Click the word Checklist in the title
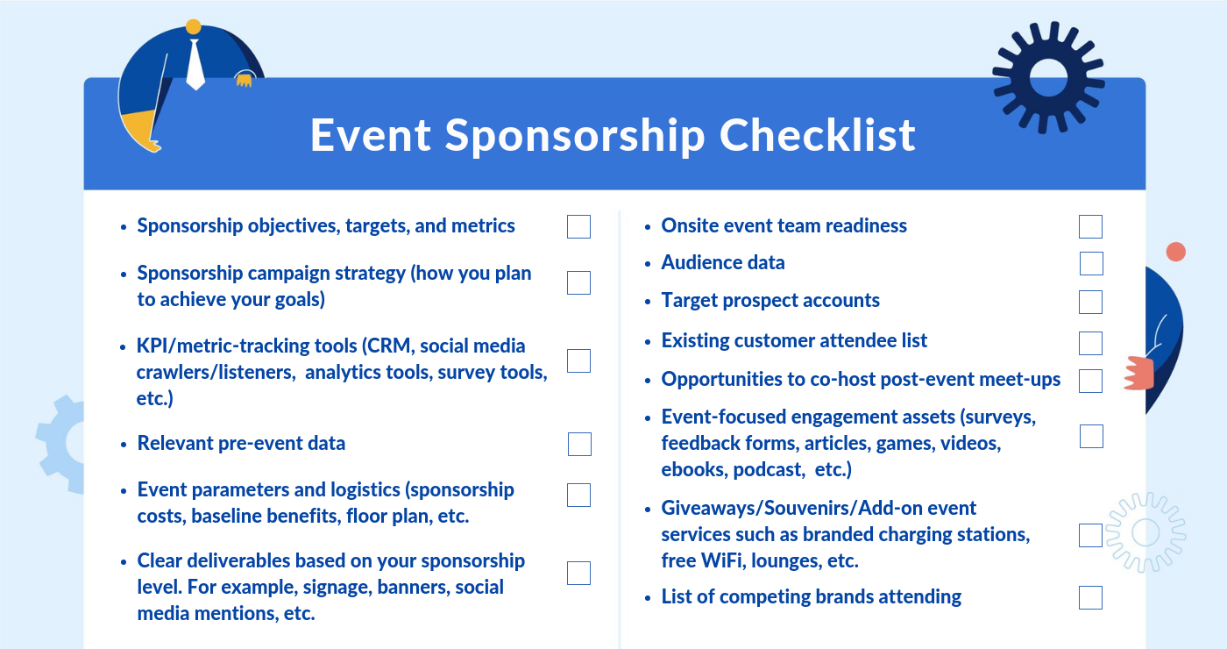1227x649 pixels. click(817, 135)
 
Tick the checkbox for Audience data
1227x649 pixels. click(1091, 264)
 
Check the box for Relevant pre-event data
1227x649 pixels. click(579, 444)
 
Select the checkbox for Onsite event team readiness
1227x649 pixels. click(1090, 226)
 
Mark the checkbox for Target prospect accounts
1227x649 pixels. click(1090, 302)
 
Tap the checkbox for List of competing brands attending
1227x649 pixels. click(1090, 597)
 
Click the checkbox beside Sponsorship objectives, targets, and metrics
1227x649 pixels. click(579, 226)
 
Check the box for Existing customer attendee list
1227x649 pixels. click(1090, 343)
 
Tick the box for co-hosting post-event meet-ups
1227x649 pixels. click(1090, 381)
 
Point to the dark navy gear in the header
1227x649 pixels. click(1048, 77)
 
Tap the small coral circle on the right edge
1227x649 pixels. click(1175, 253)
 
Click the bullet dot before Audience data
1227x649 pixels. click(648, 264)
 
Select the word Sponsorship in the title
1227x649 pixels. click(575, 136)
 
